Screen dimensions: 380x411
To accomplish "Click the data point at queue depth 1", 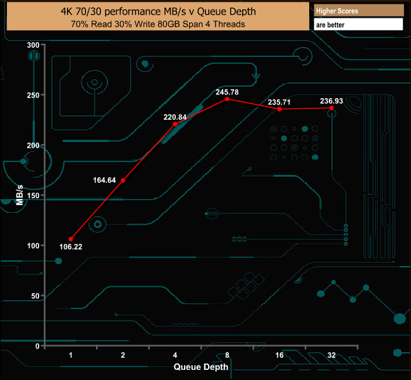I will point(71,239).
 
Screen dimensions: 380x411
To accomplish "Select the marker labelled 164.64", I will point(123,180).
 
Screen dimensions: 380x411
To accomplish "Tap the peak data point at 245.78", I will point(227,99).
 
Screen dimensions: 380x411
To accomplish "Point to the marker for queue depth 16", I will point(279,109).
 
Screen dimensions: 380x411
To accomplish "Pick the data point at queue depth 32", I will point(331,108).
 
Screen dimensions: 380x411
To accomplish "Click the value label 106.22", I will point(71,247).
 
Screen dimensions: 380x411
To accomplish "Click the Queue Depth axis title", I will point(201,367).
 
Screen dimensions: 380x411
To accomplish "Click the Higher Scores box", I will point(358,10).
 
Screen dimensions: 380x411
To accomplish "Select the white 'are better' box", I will point(358,25).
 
